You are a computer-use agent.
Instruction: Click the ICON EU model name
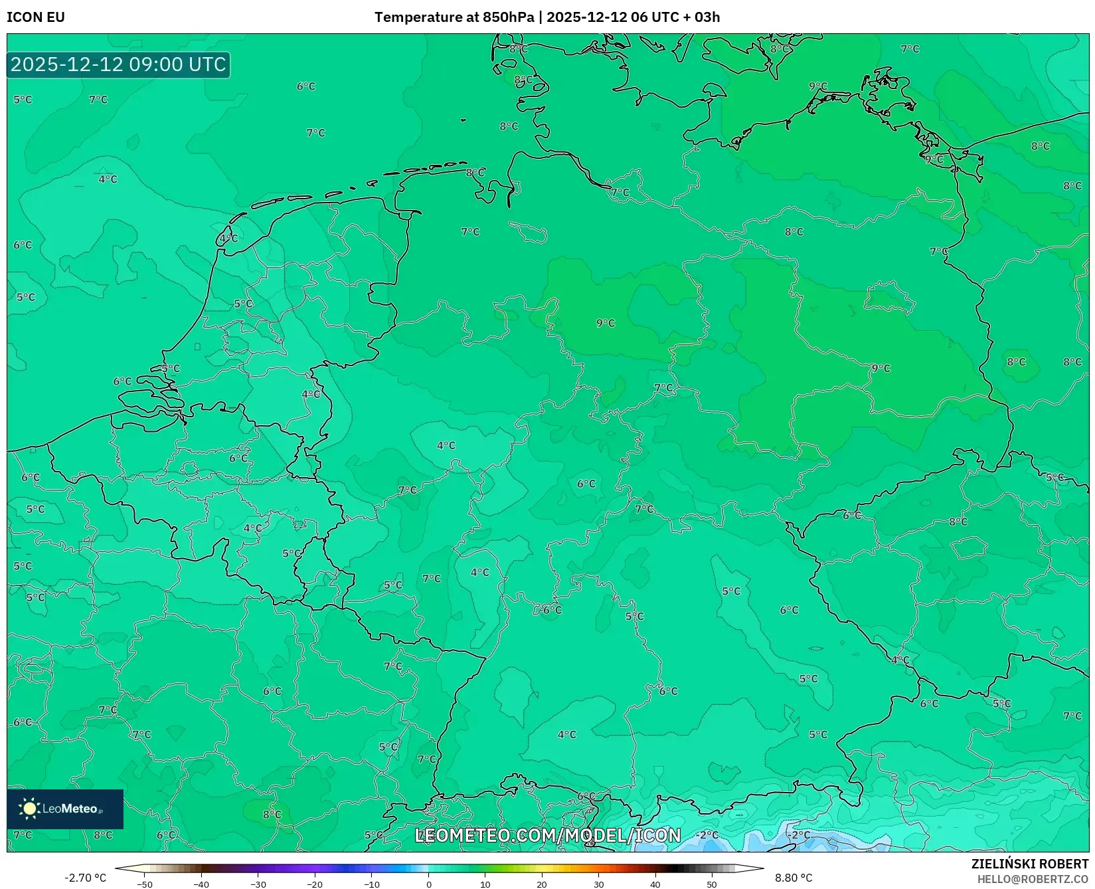pos(36,17)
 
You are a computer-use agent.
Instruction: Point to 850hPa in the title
pos(508,17)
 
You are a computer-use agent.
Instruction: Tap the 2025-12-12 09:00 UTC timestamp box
pos(118,64)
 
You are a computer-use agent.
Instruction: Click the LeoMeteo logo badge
pos(65,809)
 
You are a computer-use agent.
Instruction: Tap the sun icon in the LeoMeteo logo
pos(29,809)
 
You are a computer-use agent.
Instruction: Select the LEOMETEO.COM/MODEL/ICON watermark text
pos(548,835)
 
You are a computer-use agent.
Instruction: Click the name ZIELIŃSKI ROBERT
pos(1030,864)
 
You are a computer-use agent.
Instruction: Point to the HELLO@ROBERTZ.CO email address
pos(1033,879)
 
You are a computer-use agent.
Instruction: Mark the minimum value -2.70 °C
pos(85,878)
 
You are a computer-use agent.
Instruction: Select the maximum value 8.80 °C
pos(794,878)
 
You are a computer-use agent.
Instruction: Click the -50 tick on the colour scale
pos(145,884)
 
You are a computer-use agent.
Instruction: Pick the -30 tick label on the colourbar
pos(258,884)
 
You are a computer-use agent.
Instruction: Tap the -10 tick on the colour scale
pos(372,884)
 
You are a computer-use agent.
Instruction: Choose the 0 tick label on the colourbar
pos(429,884)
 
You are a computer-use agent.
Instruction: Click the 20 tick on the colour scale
pos(542,884)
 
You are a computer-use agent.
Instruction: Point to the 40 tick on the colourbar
pos(655,884)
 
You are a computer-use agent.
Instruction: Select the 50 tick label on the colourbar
pos(712,884)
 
